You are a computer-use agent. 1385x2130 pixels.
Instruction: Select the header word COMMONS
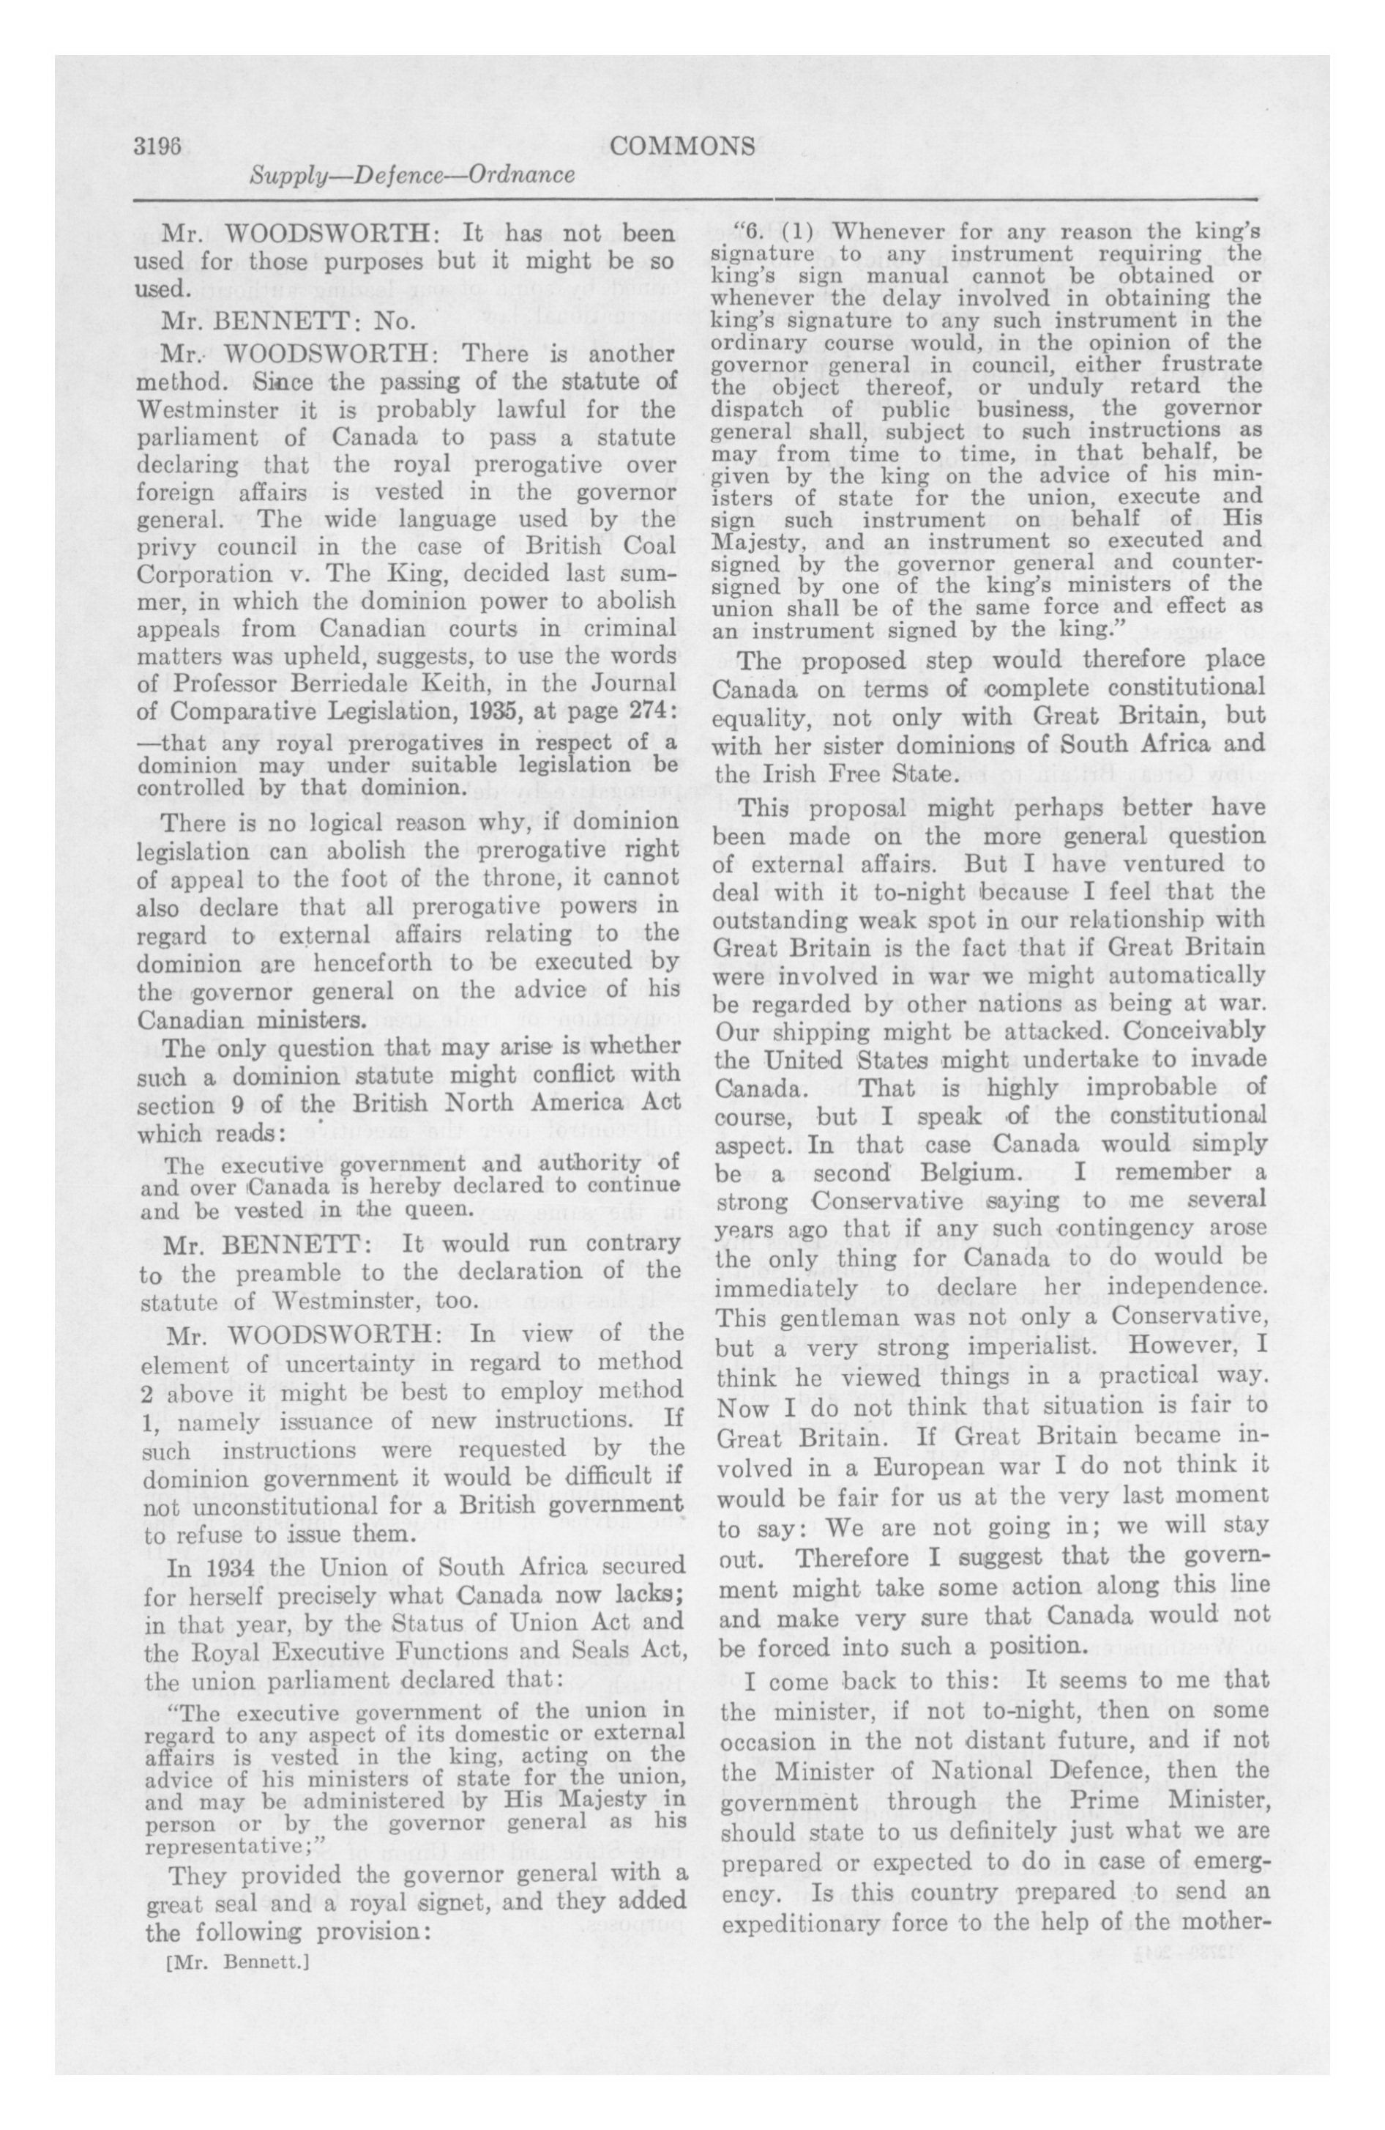(682, 146)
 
